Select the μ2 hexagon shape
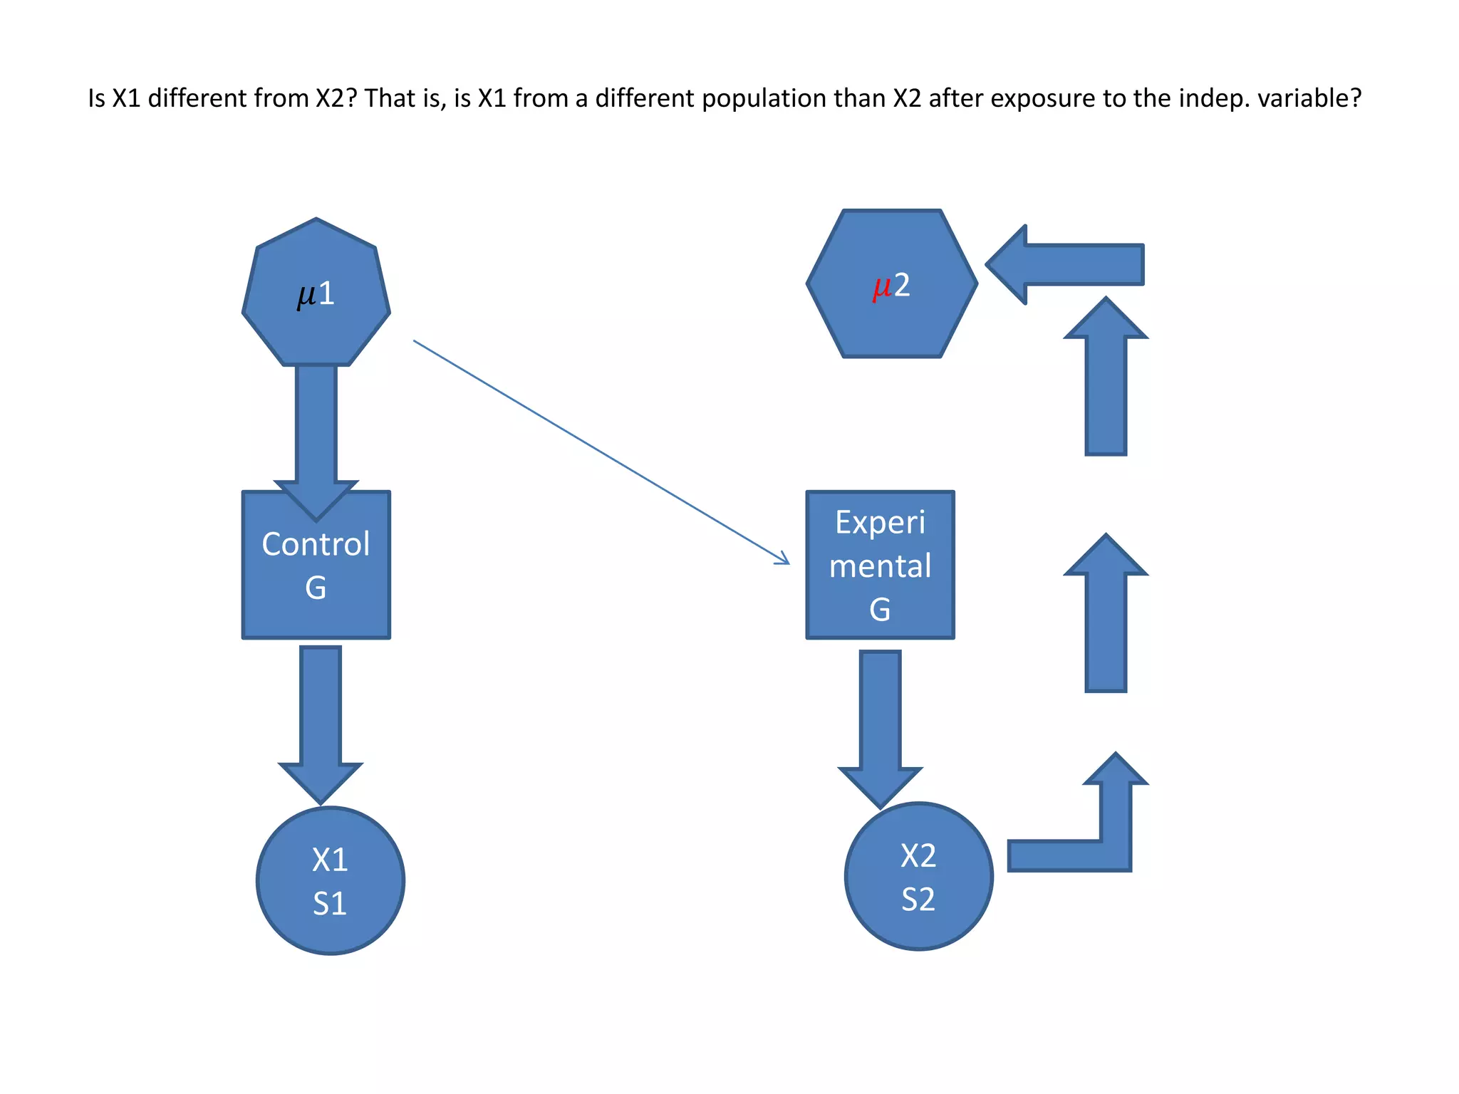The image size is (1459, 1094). coord(891,321)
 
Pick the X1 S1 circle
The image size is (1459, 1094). coord(330,881)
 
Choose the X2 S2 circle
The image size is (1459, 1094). coord(918,877)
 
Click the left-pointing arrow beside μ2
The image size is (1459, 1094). coord(1069,264)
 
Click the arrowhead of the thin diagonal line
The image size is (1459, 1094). coord(784,560)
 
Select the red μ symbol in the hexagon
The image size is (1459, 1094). coord(882,286)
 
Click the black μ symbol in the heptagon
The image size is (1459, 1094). coord(306,295)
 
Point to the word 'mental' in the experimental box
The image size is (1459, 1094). coord(880,566)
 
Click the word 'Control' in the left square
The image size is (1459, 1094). coord(316,544)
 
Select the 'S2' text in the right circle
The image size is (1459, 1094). coord(918,899)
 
